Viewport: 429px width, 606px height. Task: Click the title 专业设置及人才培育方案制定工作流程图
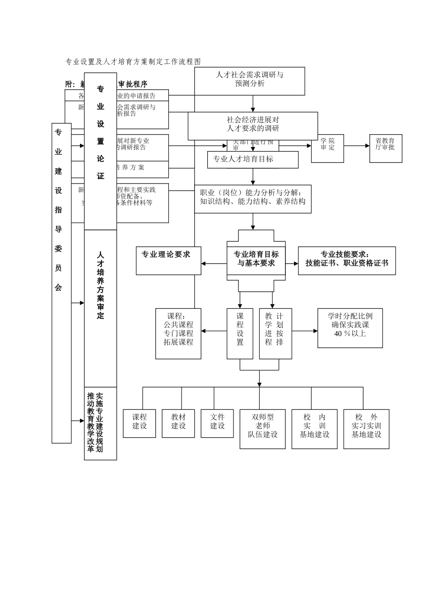tap(133, 62)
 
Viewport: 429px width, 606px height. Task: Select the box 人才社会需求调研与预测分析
tap(250, 81)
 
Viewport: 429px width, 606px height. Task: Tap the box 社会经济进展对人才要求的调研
tap(253, 125)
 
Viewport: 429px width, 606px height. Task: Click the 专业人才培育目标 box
tap(253, 160)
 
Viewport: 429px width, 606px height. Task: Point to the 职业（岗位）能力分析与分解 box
tap(253, 197)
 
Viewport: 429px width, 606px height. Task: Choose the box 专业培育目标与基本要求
tap(256, 259)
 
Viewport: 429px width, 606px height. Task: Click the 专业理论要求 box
tap(168, 261)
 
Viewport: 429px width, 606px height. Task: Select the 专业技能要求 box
tap(347, 260)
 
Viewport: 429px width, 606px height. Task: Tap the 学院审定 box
tap(327, 148)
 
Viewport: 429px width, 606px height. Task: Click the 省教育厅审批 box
tap(385, 148)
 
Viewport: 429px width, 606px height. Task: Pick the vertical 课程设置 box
tap(240, 333)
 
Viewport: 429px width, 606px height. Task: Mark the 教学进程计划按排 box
tap(275, 333)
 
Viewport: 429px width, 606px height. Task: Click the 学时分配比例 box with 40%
tap(350, 328)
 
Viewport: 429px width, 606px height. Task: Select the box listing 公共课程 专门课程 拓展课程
tap(178, 333)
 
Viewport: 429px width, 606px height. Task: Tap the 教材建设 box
tap(178, 423)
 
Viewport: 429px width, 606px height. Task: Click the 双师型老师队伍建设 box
tap(262, 429)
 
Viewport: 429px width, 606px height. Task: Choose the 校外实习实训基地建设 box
tap(366, 429)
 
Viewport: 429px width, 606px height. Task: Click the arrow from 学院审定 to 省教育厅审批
tap(356, 146)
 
